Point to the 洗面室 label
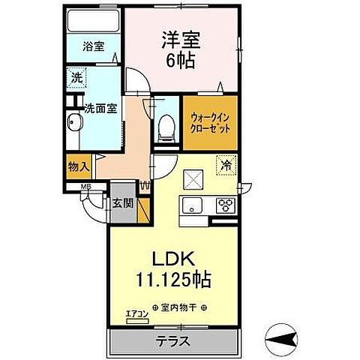pos(99,106)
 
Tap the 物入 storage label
pos(79,166)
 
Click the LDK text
pos(175,259)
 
